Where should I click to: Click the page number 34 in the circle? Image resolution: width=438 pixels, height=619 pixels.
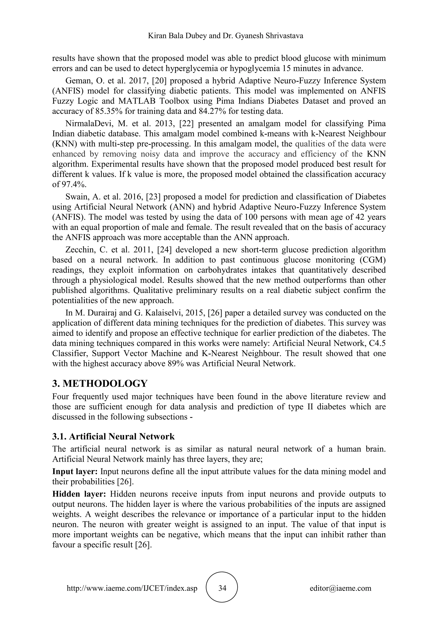click(x=222, y=588)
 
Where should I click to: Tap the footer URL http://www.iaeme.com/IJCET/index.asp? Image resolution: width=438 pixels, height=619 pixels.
click(x=132, y=588)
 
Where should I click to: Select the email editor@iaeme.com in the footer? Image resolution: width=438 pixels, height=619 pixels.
click(x=340, y=588)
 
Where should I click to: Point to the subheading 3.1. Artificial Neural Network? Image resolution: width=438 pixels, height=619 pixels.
click(x=113, y=436)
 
